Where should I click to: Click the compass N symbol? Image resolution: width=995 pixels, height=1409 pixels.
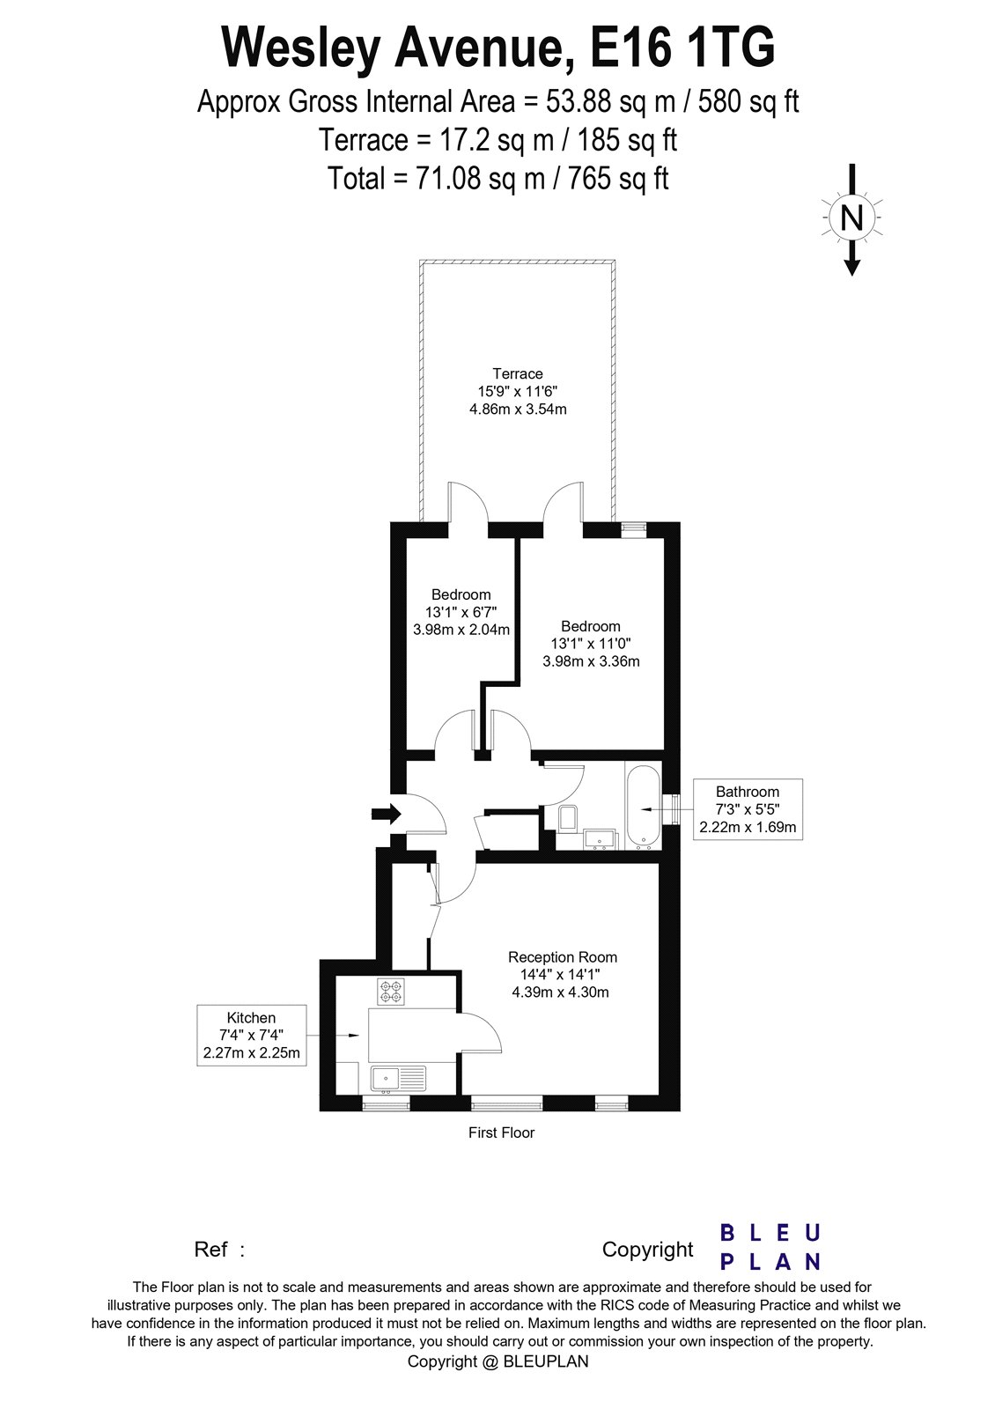click(851, 217)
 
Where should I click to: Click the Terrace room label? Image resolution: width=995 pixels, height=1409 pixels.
click(518, 373)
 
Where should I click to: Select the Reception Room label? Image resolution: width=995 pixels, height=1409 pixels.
click(563, 957)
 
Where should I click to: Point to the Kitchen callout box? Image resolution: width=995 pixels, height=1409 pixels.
click(252, 1035)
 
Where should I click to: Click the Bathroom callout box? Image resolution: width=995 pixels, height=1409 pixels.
click(748, 809)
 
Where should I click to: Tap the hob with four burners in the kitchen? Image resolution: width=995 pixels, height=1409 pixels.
click(390, 992)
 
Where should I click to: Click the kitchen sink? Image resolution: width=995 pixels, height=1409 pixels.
click(397, 1077)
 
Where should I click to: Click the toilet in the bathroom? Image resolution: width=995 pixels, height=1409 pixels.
click(566, 818)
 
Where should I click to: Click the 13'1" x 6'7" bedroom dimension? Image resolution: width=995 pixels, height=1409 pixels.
click(461, 612)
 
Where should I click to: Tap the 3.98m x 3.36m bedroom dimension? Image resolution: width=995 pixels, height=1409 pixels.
click(591, 661)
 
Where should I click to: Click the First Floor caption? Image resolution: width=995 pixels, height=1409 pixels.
click(501, 1132)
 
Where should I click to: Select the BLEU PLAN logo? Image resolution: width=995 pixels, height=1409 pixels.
click(770, 1247)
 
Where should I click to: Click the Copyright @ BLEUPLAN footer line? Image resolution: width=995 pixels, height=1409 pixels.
click(497, 1361)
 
